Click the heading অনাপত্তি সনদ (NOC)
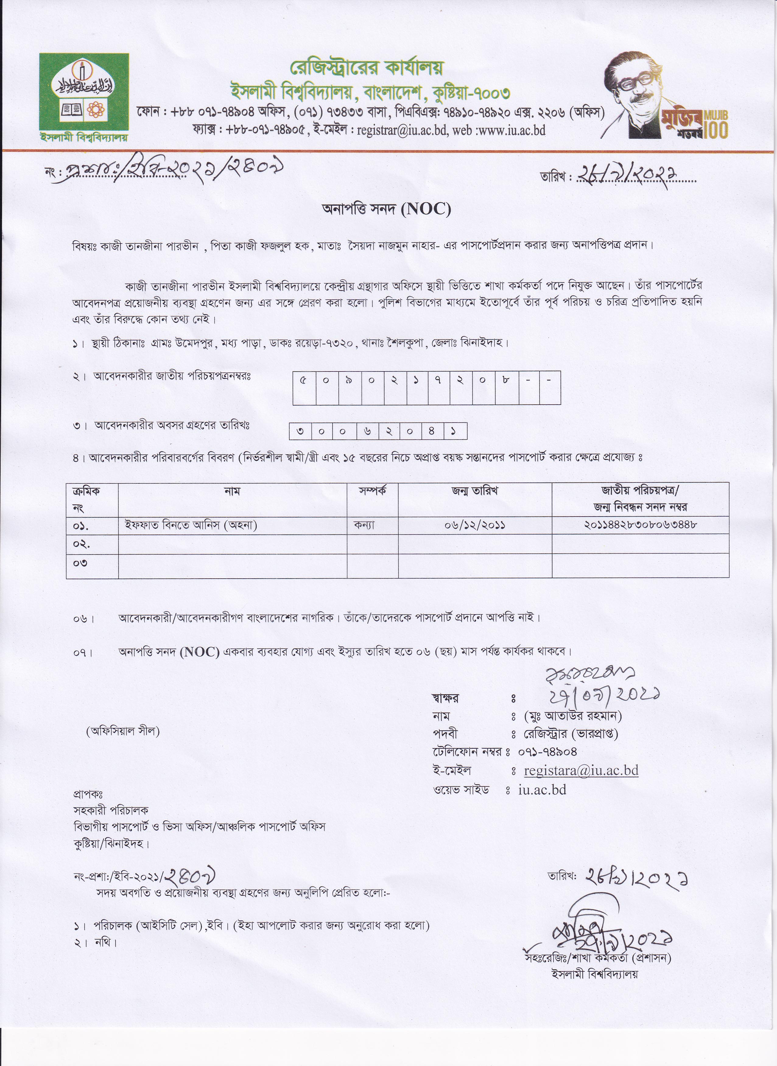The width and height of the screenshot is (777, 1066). tap(386, 209)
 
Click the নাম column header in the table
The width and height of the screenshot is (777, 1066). tap(232, 491)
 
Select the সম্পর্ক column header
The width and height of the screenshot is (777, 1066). tap(372, 491)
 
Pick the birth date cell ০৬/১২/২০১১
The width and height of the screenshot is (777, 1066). tap(475, 525)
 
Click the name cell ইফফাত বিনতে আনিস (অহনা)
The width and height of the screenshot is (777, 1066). tap(191, 525)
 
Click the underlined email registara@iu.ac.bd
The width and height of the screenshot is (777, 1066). tap(581, 771)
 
